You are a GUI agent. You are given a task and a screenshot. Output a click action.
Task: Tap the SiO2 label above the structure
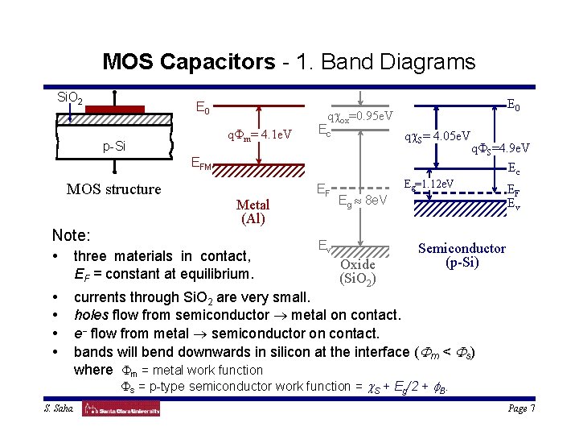coord(70,97)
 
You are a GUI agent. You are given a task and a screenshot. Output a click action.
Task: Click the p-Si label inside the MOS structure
coord(113,147)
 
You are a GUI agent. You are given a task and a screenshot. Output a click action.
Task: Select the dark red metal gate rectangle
coord(114,109)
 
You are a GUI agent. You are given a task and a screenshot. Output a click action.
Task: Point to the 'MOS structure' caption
coord(113,189)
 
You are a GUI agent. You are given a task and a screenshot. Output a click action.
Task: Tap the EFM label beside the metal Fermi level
coord(200,165)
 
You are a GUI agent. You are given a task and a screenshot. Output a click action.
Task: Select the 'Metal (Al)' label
coord(253,211)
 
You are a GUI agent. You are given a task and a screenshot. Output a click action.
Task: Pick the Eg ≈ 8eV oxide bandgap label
coord(363,199)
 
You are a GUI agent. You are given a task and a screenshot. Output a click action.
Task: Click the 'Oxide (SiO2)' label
coord(357,271)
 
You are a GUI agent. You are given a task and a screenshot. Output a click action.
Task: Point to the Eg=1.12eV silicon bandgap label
coord(429,184)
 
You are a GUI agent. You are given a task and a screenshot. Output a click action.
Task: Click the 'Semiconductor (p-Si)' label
coord(462,255)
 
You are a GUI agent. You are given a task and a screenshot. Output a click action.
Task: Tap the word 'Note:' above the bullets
coord(71,236)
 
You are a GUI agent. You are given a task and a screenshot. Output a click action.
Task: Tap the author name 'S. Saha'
coord(58,409)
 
